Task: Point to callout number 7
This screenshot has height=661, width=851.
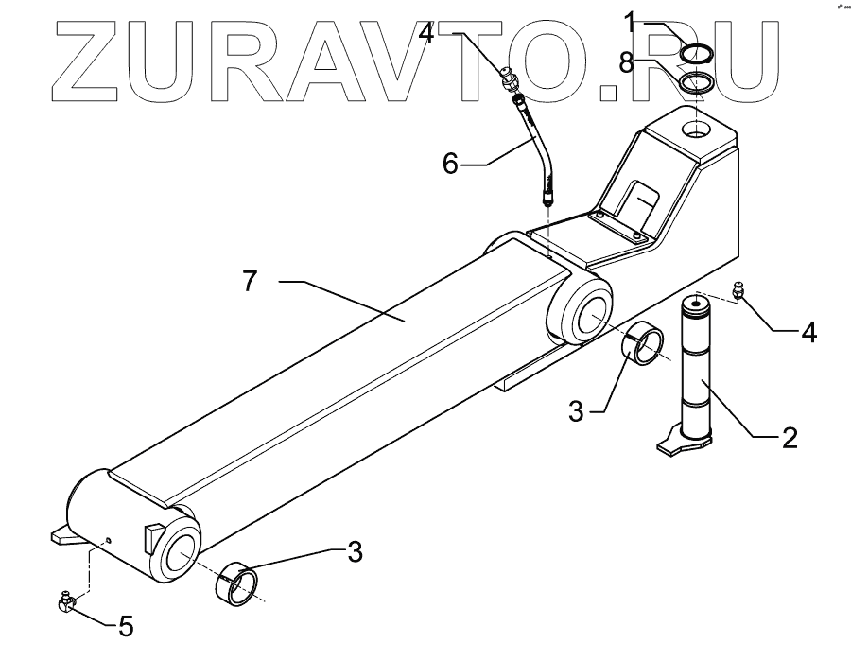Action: click(x=250, y=282)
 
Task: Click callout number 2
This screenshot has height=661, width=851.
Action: click(x=790, y=437)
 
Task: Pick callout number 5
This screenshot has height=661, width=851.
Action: click(x=126, y=626)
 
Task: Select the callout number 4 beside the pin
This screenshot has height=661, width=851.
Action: click(x=809, y=332)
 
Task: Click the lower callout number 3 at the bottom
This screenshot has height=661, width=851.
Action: click(x=355, y=552)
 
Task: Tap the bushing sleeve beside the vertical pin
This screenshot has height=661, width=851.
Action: click(x=648, y=342)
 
